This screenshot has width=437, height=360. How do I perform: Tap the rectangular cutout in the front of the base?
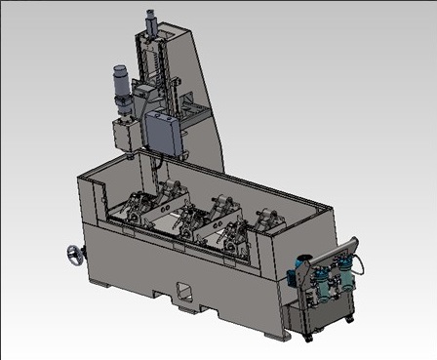coord(182,290)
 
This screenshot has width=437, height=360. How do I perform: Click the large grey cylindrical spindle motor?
coord(123,82)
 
